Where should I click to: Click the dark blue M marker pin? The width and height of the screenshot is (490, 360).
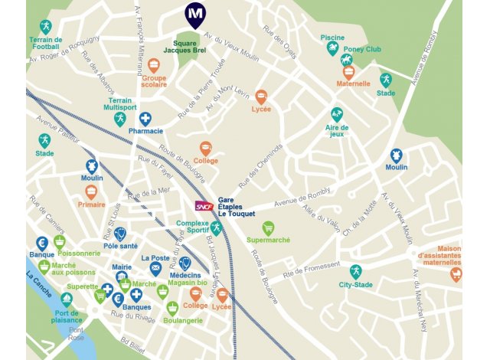195,14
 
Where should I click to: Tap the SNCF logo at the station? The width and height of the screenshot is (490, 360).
204,206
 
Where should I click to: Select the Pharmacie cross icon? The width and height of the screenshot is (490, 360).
145,119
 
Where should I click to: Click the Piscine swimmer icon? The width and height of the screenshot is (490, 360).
332,48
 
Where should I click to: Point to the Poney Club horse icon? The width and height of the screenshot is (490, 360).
346,61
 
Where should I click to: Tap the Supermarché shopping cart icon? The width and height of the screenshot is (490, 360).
268,227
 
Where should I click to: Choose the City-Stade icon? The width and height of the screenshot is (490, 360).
355,271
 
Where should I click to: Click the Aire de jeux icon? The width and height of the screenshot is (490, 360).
337,113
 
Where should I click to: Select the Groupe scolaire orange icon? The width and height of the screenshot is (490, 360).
154,65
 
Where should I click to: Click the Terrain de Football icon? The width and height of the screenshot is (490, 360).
45,27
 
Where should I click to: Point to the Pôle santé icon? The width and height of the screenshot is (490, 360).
120,234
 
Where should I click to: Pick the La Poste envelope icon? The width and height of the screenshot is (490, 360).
155,269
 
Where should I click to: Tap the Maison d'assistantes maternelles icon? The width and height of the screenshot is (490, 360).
456,273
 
